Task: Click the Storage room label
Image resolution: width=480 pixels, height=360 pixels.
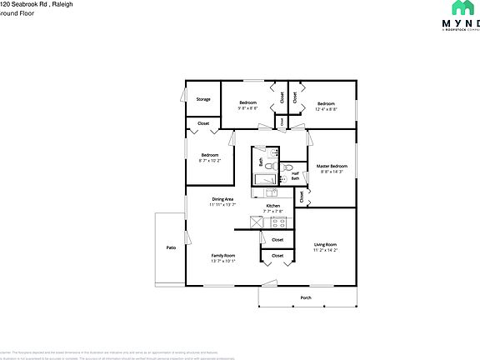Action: pyautogui.click(x=203, y=99)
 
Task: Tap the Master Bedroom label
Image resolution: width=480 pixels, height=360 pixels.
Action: pyautogui.click(x=332, y=166)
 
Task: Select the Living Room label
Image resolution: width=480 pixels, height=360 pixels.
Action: pyautogui.click(x=325, y=244)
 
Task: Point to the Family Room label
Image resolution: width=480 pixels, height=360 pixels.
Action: pyautogui.click(x=222, y=255)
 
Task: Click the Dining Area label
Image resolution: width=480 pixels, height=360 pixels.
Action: pyautogui.click(x=222, y=198)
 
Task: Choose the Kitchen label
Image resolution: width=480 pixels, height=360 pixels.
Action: pyautogui.click(x=273, y=206)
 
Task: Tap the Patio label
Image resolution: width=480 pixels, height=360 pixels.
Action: pyautogui.click(x=170, y=247)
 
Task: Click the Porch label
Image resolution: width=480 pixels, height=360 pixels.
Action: pyautogui.click(x=306, y=297)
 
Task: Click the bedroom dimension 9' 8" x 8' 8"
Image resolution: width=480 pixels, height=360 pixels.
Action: pyautogui.click(x=248, y=108)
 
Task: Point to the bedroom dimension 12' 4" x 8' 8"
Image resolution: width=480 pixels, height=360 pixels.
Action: pyautogui.click(x=326, y=108)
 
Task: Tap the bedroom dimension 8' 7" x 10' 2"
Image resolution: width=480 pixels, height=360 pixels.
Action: pyautogui.click(x=209, y=160)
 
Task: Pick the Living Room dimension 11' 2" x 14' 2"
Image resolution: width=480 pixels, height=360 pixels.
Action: pyautogui.click(x=325, y=250)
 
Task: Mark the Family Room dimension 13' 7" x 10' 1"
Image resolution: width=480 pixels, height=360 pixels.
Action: pyautogui.click(x=222, y=261)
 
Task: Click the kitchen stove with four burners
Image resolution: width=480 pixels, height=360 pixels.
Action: pyautogui.click(x=280, y=222)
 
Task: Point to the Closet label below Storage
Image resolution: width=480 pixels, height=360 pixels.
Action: pyautogui.click(x=203, y=124)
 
